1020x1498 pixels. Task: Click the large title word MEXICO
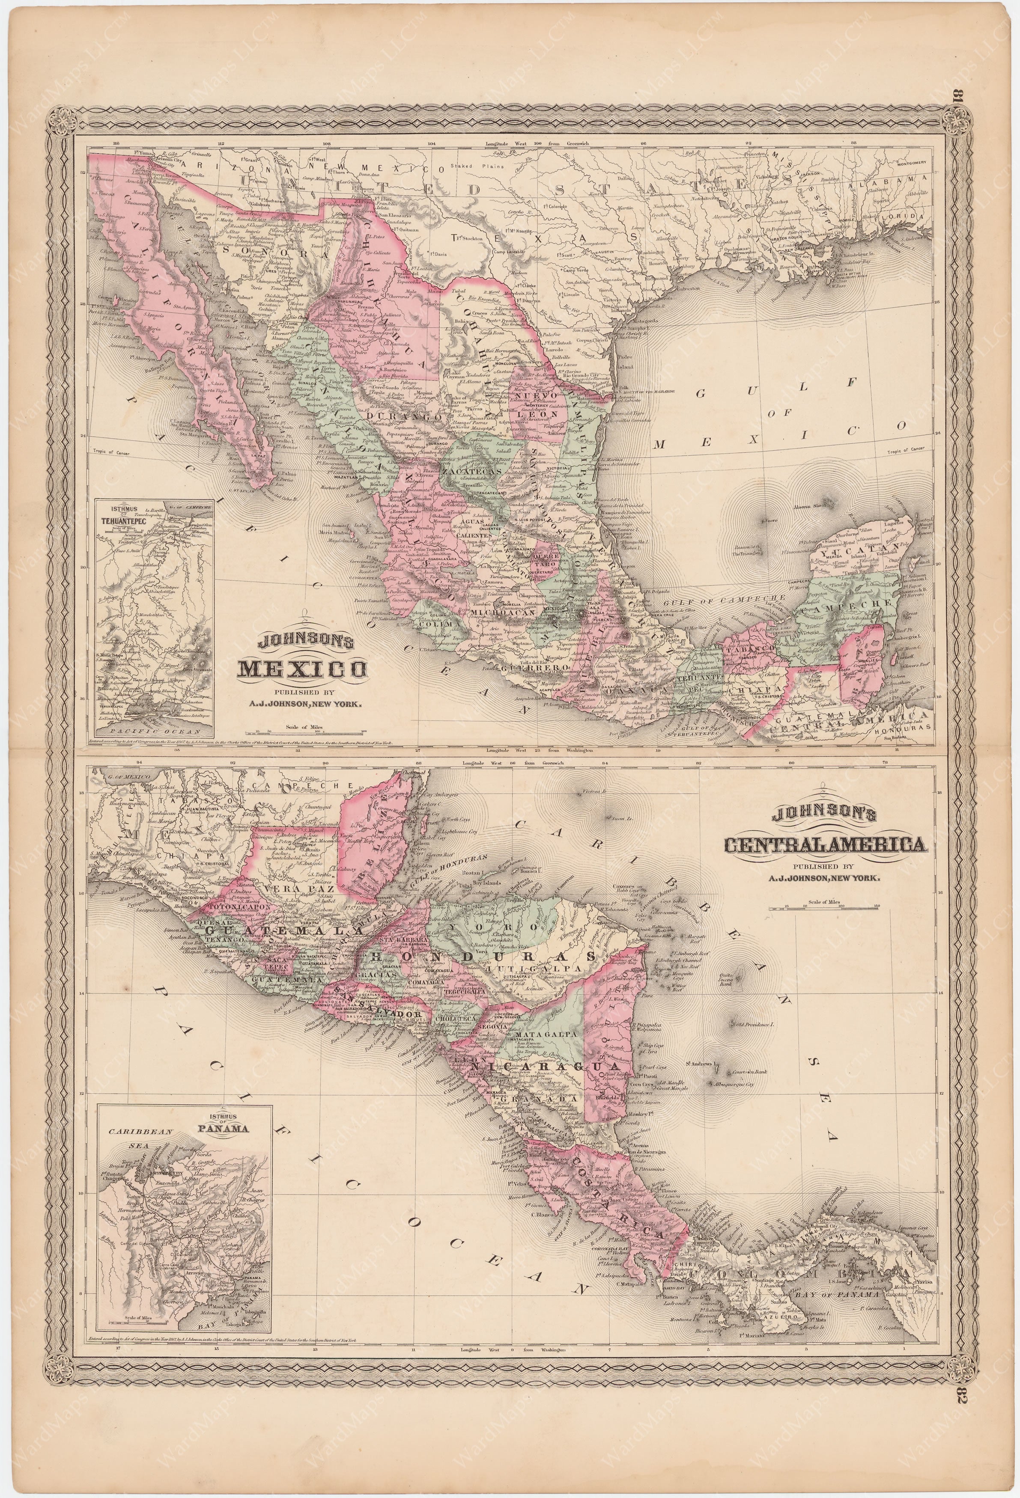pos(301,670)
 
